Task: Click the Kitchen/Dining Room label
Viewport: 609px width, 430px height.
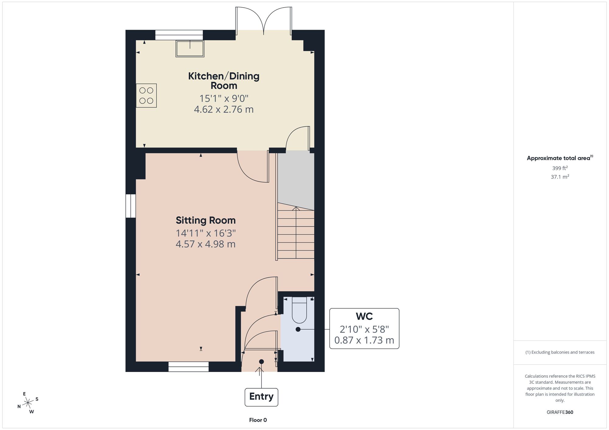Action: click(x=224, y=81)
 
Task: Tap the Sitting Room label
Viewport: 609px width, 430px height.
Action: click(x=206, y=220)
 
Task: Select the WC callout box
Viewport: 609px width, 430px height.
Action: click(x=364, y=328)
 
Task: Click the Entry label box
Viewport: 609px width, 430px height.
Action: click(x=261, y=397)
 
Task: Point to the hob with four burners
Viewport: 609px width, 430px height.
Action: click(x=146, y=95)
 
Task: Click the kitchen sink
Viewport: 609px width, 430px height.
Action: click(x=190, y=49)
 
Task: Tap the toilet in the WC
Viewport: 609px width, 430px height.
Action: click(x=299, y=310)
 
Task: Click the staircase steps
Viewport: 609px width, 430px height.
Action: click(x=296, y=233)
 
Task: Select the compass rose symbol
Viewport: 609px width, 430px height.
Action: click(x=28, y=403)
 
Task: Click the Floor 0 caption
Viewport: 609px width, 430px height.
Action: click(x=258, y=420)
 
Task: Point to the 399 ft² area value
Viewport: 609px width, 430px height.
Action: click(x=560, y=168)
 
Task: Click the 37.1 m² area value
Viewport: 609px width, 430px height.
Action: click(x=560, y=176)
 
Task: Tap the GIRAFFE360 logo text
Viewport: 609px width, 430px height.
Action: click(x=560, y=412)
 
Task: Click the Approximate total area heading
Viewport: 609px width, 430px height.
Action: click(x=560, y=158)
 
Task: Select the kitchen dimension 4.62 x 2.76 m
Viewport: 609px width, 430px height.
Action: click(x=224, y=109)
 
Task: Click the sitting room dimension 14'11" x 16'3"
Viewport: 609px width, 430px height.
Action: click(x=206, y=233)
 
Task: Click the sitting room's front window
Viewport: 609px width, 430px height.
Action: click(x=188, y=366)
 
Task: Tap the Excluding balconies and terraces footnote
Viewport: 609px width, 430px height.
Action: click(x=560, y=352)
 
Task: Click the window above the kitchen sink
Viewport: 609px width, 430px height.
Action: click(x=179, y=35)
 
